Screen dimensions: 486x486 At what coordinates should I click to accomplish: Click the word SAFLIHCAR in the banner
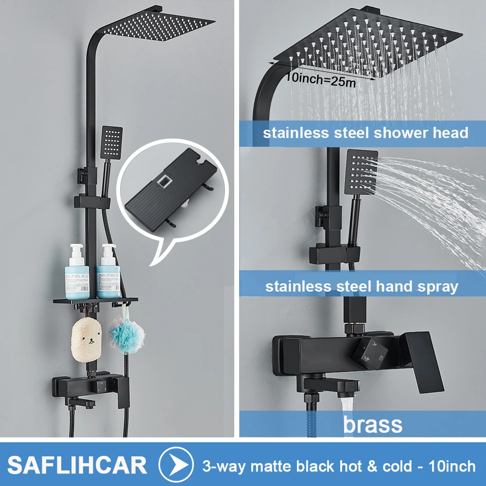click(77, 465)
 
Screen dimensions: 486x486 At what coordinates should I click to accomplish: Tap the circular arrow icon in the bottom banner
click(176, 465)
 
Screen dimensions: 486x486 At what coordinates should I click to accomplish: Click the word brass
click(373, 424)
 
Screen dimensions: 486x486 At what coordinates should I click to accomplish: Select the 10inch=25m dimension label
click(321, 79)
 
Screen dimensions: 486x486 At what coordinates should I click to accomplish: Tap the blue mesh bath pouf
click(126, 336)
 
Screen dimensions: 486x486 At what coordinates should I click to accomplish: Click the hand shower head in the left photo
click(112, 142)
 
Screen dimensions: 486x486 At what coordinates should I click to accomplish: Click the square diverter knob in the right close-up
click(370, 354)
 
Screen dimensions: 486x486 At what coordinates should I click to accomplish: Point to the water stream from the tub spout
click(346, 405)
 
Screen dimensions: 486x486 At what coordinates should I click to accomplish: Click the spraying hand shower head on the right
click(361, 172)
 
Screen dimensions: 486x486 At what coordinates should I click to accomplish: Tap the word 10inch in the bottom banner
click(452, 466)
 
